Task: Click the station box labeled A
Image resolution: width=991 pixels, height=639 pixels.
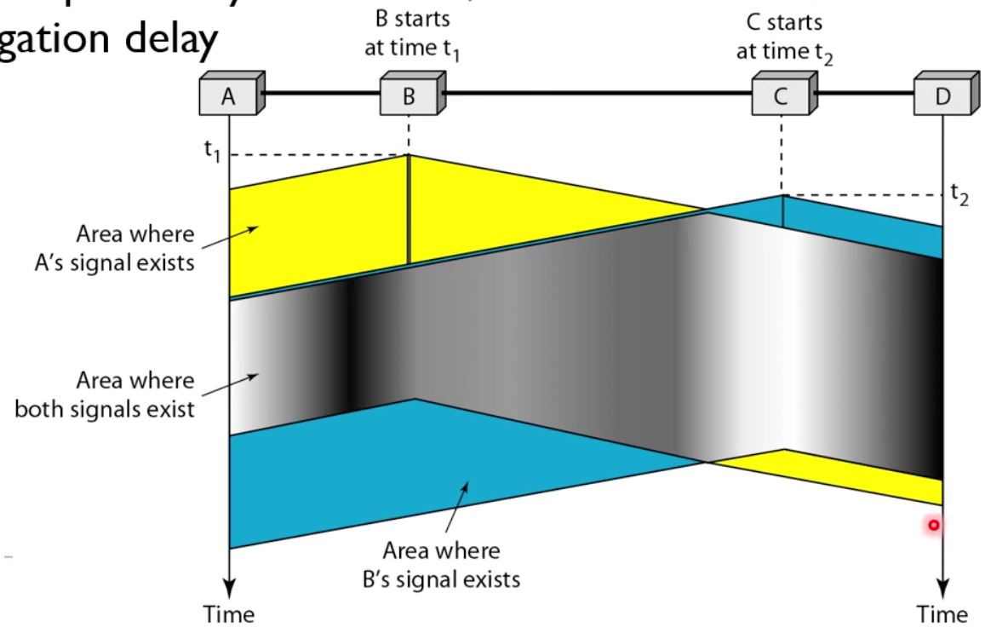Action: click(228, 96)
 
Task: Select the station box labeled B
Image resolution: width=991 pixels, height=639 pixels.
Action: click(409, 96)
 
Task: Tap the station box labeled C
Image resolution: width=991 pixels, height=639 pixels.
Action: click(781, 96)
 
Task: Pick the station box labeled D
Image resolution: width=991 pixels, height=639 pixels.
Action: click(942, 96)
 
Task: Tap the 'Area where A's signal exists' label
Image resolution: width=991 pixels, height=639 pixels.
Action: click(135, 248)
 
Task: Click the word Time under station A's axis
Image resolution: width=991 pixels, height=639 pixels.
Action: click(228, 613)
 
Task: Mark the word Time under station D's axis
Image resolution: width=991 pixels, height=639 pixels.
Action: click(942, 613)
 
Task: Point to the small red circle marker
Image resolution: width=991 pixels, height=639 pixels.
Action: click(933, 526)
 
